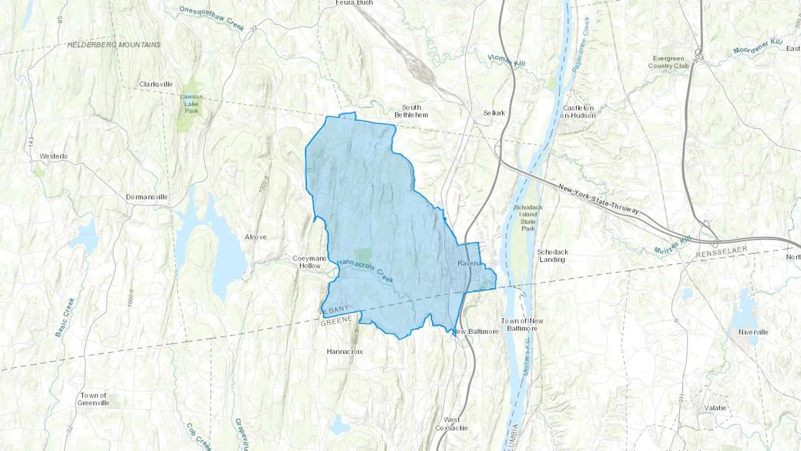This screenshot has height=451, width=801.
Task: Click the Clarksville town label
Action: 156,84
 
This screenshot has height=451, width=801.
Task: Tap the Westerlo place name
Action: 53,156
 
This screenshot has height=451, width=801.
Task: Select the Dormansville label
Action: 147,197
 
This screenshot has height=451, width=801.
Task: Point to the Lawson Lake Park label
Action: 191,104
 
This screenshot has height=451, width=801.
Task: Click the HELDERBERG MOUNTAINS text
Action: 114,45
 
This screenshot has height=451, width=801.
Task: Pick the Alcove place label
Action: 255,237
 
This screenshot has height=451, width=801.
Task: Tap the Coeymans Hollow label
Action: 310,262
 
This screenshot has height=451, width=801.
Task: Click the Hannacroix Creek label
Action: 365,271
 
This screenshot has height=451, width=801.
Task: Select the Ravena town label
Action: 469,263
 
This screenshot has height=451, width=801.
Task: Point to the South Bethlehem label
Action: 411,111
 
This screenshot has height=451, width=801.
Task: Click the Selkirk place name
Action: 494,113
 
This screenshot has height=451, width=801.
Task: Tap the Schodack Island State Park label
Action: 528,218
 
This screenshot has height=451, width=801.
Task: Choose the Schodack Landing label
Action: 552,256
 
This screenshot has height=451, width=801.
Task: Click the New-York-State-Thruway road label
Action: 599,199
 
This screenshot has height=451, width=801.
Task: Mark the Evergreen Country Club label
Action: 668,62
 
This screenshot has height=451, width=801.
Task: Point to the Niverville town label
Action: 753,332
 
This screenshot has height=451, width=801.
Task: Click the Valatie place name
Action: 715,408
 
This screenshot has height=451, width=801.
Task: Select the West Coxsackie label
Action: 452,424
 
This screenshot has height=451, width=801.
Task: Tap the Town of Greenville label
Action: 93,399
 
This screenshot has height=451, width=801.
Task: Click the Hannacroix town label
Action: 345,352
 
